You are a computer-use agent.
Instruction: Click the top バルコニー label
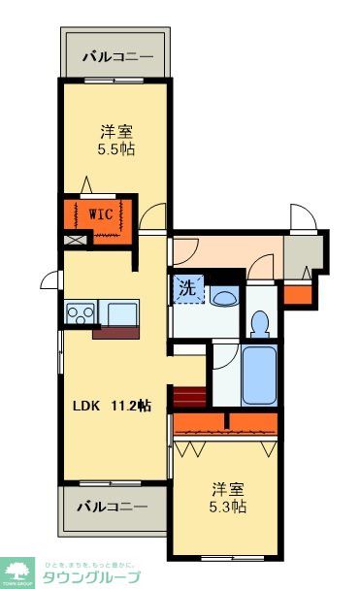click(116, 57)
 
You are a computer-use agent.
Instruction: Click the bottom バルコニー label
click(114, 507)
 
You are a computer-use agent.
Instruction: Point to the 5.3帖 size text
click(227, 507)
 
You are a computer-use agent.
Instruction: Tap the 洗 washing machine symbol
click(189, 288)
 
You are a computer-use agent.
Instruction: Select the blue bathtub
click(260, 375)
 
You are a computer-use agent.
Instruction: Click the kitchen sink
click(121, 313)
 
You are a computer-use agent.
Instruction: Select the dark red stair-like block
click(189, 397)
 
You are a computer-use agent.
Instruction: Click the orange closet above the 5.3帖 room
click(227, 422)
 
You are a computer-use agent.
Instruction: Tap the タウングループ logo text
click(93, 576)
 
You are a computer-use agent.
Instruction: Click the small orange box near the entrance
click(298, 292)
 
